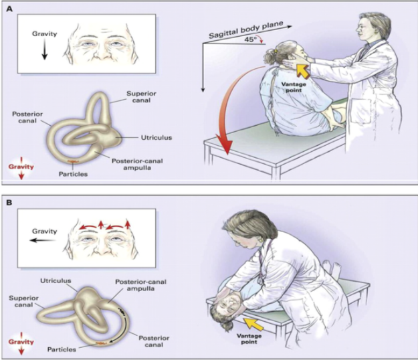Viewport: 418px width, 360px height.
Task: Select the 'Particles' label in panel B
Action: tap(67, 349)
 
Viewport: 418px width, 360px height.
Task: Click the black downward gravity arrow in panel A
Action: tap(45, 52)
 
